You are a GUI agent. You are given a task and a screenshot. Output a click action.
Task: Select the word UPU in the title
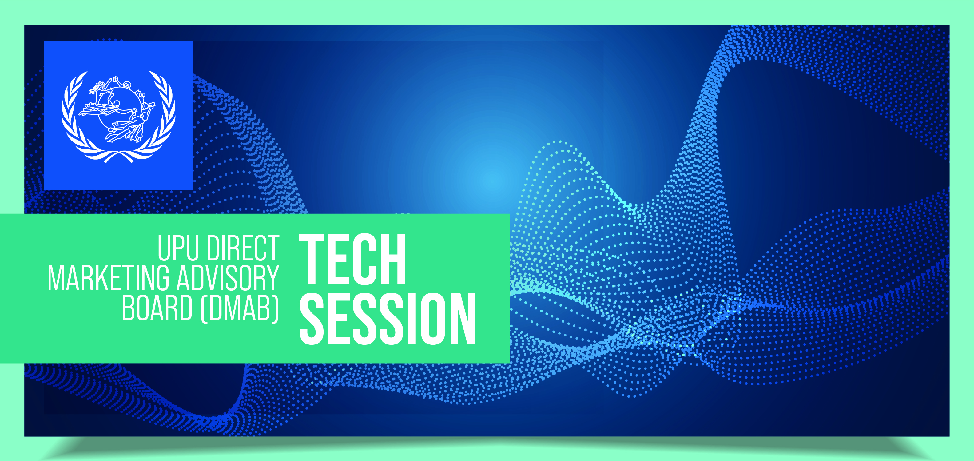178,248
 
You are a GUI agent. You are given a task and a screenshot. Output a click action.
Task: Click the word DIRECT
243,248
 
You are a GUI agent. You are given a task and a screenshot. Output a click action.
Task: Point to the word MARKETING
109,278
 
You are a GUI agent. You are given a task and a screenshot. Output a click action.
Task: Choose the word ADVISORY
228,278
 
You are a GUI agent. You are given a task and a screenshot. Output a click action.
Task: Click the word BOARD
157,308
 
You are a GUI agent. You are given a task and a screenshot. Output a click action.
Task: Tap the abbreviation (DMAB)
240,308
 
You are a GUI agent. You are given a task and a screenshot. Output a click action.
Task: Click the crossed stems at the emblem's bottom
119,156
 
